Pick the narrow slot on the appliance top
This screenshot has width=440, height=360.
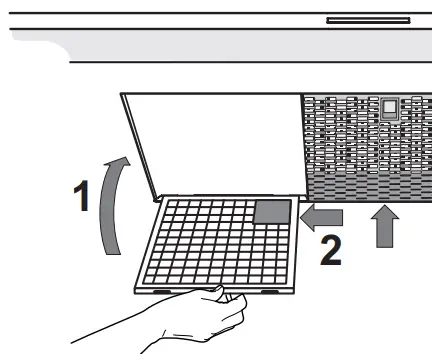pyautogui.click(x=368, y=20)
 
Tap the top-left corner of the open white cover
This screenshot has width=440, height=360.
pyautogui.click(x=121, y=94)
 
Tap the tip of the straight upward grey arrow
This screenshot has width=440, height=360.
pyautogui.click(x=385, y=207)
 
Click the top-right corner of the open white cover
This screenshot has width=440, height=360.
pyautogui.click(x=304, y=94)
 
